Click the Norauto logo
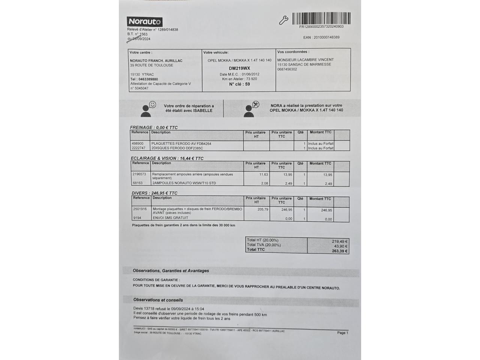coord(145,22)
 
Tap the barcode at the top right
coord(321,18)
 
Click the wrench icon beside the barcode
coord(283,20)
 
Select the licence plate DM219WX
coord(239,68)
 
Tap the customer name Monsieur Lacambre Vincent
coord(305,60)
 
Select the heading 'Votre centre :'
coord(141,52)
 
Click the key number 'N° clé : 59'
coord(239,84)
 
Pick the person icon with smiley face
coord(148,109)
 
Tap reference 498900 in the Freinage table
coord(138,144)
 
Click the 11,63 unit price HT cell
coord(264,175)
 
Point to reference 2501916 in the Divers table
coord(140,209)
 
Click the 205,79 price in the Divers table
coord(263,210)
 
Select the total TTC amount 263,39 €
coord(340,251)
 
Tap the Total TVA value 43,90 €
coord(340,246)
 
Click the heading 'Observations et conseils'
coord(158,300)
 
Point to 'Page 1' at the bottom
coord(342,333)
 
